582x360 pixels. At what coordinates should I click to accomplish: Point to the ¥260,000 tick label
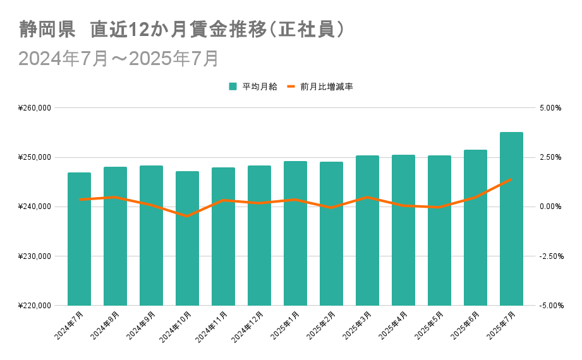click(35, 108)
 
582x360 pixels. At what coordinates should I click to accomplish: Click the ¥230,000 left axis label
click(35, 256)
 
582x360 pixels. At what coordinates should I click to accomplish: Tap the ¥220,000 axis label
click(35, 306)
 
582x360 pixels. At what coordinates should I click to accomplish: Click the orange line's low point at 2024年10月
click(187, 216)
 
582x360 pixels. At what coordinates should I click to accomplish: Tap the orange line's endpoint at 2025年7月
click(511, 179)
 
